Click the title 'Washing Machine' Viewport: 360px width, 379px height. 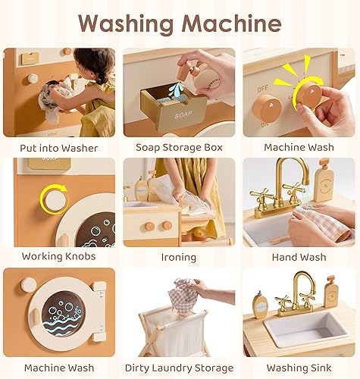(x=180, y=23)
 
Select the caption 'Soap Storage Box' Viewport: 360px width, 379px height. (x=180, y=147)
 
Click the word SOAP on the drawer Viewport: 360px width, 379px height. (x=162, y=116)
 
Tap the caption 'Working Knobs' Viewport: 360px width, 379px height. (x=59, y=257)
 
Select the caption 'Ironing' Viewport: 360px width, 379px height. (x=180, y=257)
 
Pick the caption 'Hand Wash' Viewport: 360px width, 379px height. (x=300, y=257)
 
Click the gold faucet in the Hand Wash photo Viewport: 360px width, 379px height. (x=286, y=186)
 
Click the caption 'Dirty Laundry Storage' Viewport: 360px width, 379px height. (x=180, y=368)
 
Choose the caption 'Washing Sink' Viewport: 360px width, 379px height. (x=300, y=368)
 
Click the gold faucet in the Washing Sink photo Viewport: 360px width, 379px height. (x=287, y=292)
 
